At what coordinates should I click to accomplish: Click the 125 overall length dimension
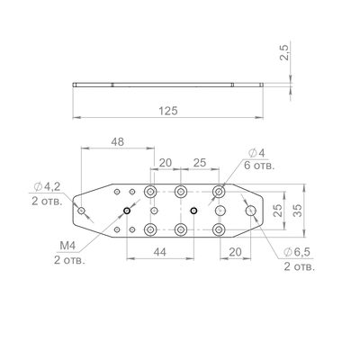point(168,111)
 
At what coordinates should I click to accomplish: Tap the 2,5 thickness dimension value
point(284,52)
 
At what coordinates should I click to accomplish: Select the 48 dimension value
point(118,142)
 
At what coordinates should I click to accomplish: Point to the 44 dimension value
point(159,252)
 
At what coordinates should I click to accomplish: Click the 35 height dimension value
point(297,211)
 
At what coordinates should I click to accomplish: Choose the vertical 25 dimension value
point(277,211)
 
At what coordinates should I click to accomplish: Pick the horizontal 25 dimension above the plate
point(200,163)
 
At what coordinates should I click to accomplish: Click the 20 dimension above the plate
point(166,163)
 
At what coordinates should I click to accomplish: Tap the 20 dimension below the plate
point(235,252)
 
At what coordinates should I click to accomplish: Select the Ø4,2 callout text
point(47,187)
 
